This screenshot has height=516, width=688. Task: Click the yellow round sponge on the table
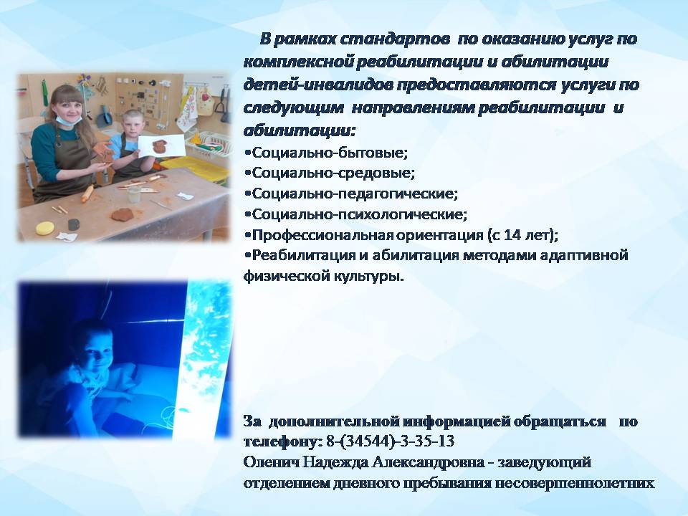point(44,228)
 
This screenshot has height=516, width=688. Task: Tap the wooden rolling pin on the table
point(88,193)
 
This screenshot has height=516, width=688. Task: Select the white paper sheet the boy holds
point(162,146)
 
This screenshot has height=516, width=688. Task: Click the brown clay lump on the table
point(122,215)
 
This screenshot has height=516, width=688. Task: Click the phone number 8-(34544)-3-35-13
point(390,441)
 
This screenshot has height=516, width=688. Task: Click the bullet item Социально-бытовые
point(326,153)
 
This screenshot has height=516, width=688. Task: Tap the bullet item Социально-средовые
point(329,173)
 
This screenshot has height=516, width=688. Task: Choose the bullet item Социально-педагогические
point(350,193)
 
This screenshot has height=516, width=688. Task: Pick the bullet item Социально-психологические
point(355,214)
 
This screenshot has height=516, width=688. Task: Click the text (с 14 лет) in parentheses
point(521,235)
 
